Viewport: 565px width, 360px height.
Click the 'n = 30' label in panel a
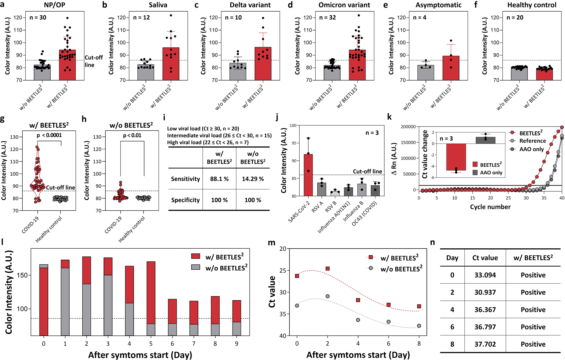point(38,18)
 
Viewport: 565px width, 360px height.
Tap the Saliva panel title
point(158,5)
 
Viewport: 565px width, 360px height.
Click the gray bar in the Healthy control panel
point(519,74)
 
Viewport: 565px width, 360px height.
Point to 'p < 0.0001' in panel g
point(49,135)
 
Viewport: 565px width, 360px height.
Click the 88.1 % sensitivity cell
point(219,179)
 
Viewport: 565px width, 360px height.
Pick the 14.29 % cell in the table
point(253,179)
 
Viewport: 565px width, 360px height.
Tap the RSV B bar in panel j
point(335,193)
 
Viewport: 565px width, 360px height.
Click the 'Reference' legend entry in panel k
point(532,141)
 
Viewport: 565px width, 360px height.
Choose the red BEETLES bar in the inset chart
point(456,157)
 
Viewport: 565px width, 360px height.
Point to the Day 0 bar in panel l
point(44,300)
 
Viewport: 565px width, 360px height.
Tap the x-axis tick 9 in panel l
point(236,343)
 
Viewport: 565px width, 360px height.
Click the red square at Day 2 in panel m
point(327,268)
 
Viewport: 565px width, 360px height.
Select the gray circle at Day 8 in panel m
point(419,326)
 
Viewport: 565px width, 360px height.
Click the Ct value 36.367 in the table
point(485,310)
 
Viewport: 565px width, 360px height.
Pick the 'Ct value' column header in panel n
point(485,258)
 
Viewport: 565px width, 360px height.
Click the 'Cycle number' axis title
point(490,207)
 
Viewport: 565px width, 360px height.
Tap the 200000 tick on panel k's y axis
point(408,127)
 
